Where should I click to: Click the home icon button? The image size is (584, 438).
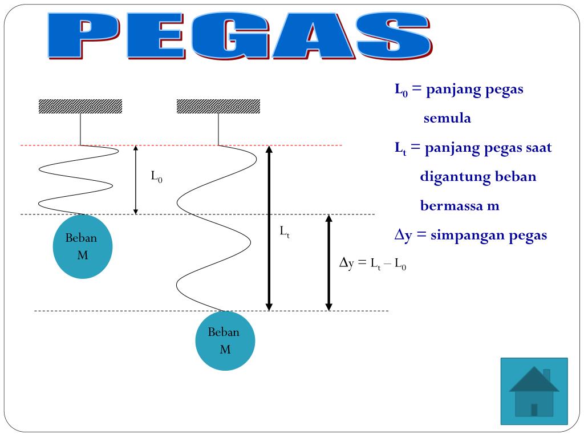[x=534, y=391]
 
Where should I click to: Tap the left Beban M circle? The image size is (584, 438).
[x=83, y=246]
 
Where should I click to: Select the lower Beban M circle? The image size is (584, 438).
[x=225, y=340]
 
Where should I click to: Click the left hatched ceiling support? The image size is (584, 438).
[x=80, y=106]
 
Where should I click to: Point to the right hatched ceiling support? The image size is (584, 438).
[x=218, y=106]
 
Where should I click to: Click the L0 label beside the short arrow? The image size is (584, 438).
[x=156, y=177]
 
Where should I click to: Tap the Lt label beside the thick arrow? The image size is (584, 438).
[x=284, y=232]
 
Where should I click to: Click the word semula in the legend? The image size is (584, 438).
[x=447, y=119]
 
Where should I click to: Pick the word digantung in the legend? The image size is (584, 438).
[x=448, y=177]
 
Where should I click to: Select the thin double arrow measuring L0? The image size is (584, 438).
[x=136, y=180]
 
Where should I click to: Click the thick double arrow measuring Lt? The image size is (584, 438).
[x=270, y=228]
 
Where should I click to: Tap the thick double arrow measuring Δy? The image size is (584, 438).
[x=328, y=262]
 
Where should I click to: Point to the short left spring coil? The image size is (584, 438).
[x=77, y=180]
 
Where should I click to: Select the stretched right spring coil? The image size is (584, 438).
[x=214, y=228]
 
